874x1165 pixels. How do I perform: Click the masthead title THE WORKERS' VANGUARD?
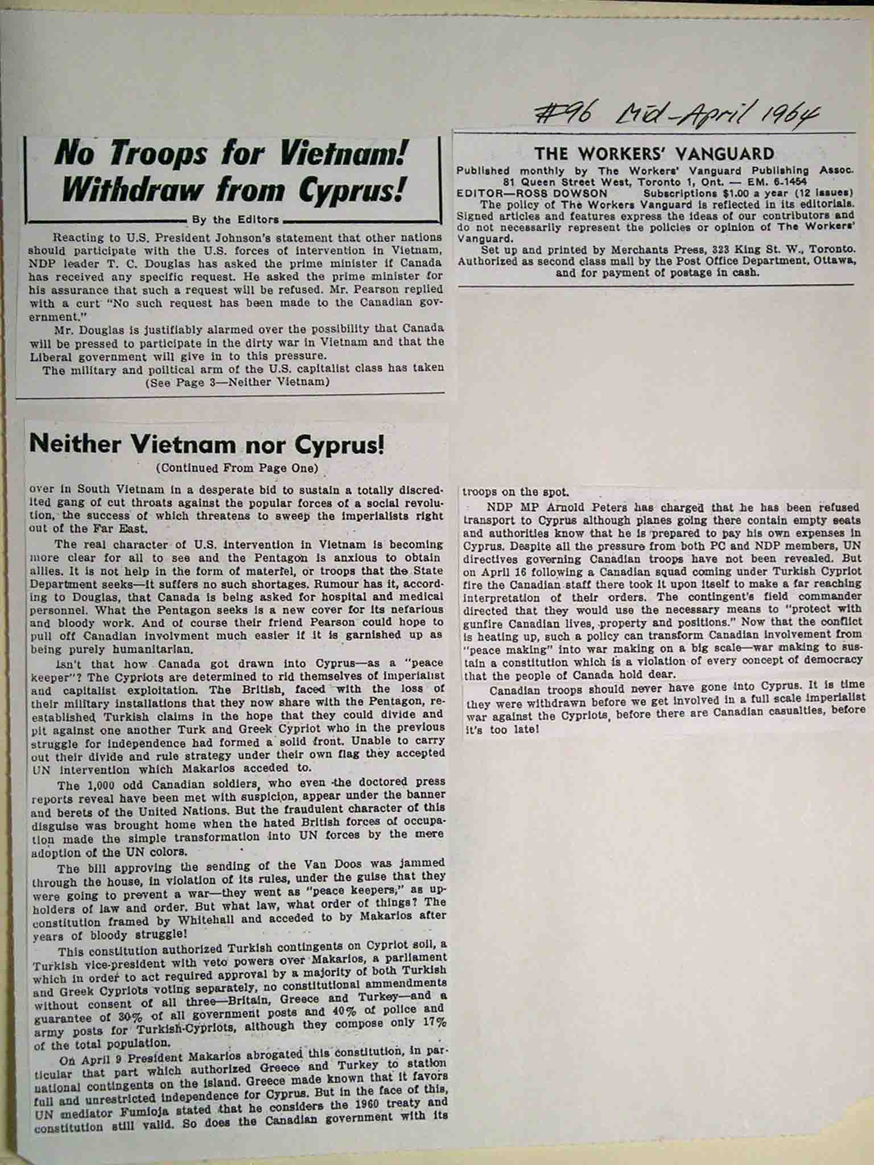[x=654, y=154]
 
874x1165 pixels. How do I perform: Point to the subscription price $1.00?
[x=735, y=193]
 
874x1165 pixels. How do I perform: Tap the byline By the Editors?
[x=236, y=220]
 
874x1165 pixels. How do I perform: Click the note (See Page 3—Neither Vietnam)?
[x=238, y=382]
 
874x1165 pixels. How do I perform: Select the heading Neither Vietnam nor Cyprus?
[x=206, y=444]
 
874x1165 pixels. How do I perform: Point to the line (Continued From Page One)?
[x=236, y=469]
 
